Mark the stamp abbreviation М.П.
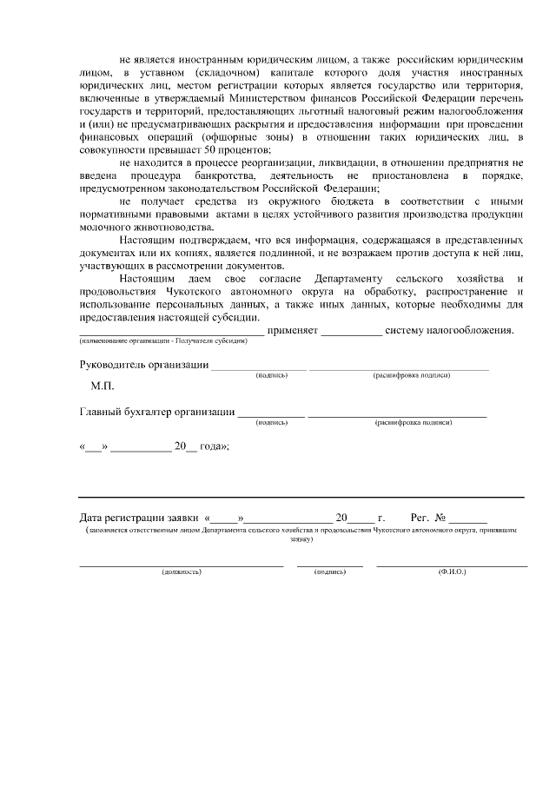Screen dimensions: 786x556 [103, 385]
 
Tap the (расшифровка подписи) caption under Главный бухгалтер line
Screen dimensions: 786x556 [413, 422]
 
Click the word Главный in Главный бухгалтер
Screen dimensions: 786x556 [101, 411]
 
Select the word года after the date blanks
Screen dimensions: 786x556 [213, 446]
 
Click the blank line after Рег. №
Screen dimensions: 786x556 [467, 518]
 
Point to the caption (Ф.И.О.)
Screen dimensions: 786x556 [452, 572]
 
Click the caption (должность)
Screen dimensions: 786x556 [182, 572]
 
